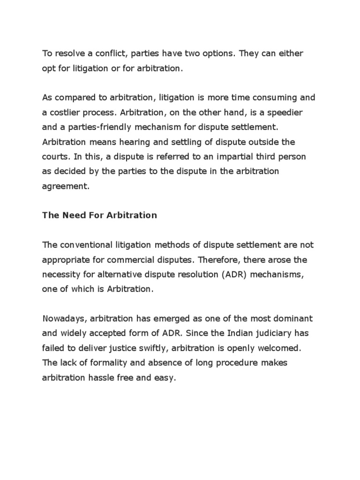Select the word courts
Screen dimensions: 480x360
pos(54,157)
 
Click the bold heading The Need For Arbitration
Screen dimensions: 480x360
pos(99,216)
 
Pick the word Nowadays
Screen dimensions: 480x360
pos(63,319)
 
